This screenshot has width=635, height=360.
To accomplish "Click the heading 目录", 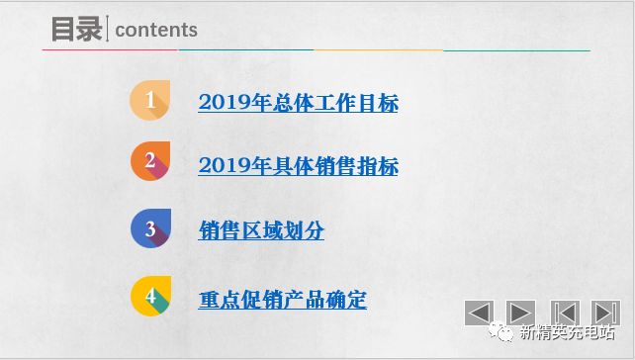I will [x=77, y=30].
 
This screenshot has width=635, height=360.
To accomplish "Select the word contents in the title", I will [x=156, y=31].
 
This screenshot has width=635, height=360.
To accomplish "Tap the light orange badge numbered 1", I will [x=149, y=101].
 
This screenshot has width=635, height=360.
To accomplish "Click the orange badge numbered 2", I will [x=149, y=162].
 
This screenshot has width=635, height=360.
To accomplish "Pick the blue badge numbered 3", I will [x=149, y=229].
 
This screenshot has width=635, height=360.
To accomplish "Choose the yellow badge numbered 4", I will [x=149, y=297].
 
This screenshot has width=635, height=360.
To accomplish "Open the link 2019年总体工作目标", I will [x=298, y=102].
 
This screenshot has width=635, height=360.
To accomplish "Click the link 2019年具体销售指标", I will [x=298, y=166].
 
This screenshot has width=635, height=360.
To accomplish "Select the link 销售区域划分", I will [x=261, y=231].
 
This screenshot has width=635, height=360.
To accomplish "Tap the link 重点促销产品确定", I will [x=282, y=300].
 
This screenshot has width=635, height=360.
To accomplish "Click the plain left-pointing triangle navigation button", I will [x=479, y=313].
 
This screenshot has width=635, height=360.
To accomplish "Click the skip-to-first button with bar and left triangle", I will [x=564, y=313].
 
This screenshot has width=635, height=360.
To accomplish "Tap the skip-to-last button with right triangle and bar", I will [x=605, y=313].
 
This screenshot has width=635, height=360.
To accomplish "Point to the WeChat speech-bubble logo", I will [x=504, y=334].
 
